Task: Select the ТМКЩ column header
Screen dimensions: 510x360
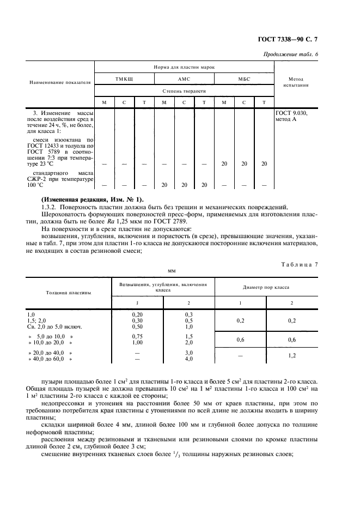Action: point(124,79)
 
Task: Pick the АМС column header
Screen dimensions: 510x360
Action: point(184,79)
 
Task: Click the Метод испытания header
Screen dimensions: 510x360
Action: point(296,82)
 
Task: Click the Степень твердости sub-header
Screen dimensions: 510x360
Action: point(184,91)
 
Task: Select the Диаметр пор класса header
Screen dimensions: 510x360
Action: point(266,287)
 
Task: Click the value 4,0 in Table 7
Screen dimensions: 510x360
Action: point(188,359)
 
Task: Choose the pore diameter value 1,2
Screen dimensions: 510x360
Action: point(291,355)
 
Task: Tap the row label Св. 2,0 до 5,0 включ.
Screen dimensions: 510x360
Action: point(54,326)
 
